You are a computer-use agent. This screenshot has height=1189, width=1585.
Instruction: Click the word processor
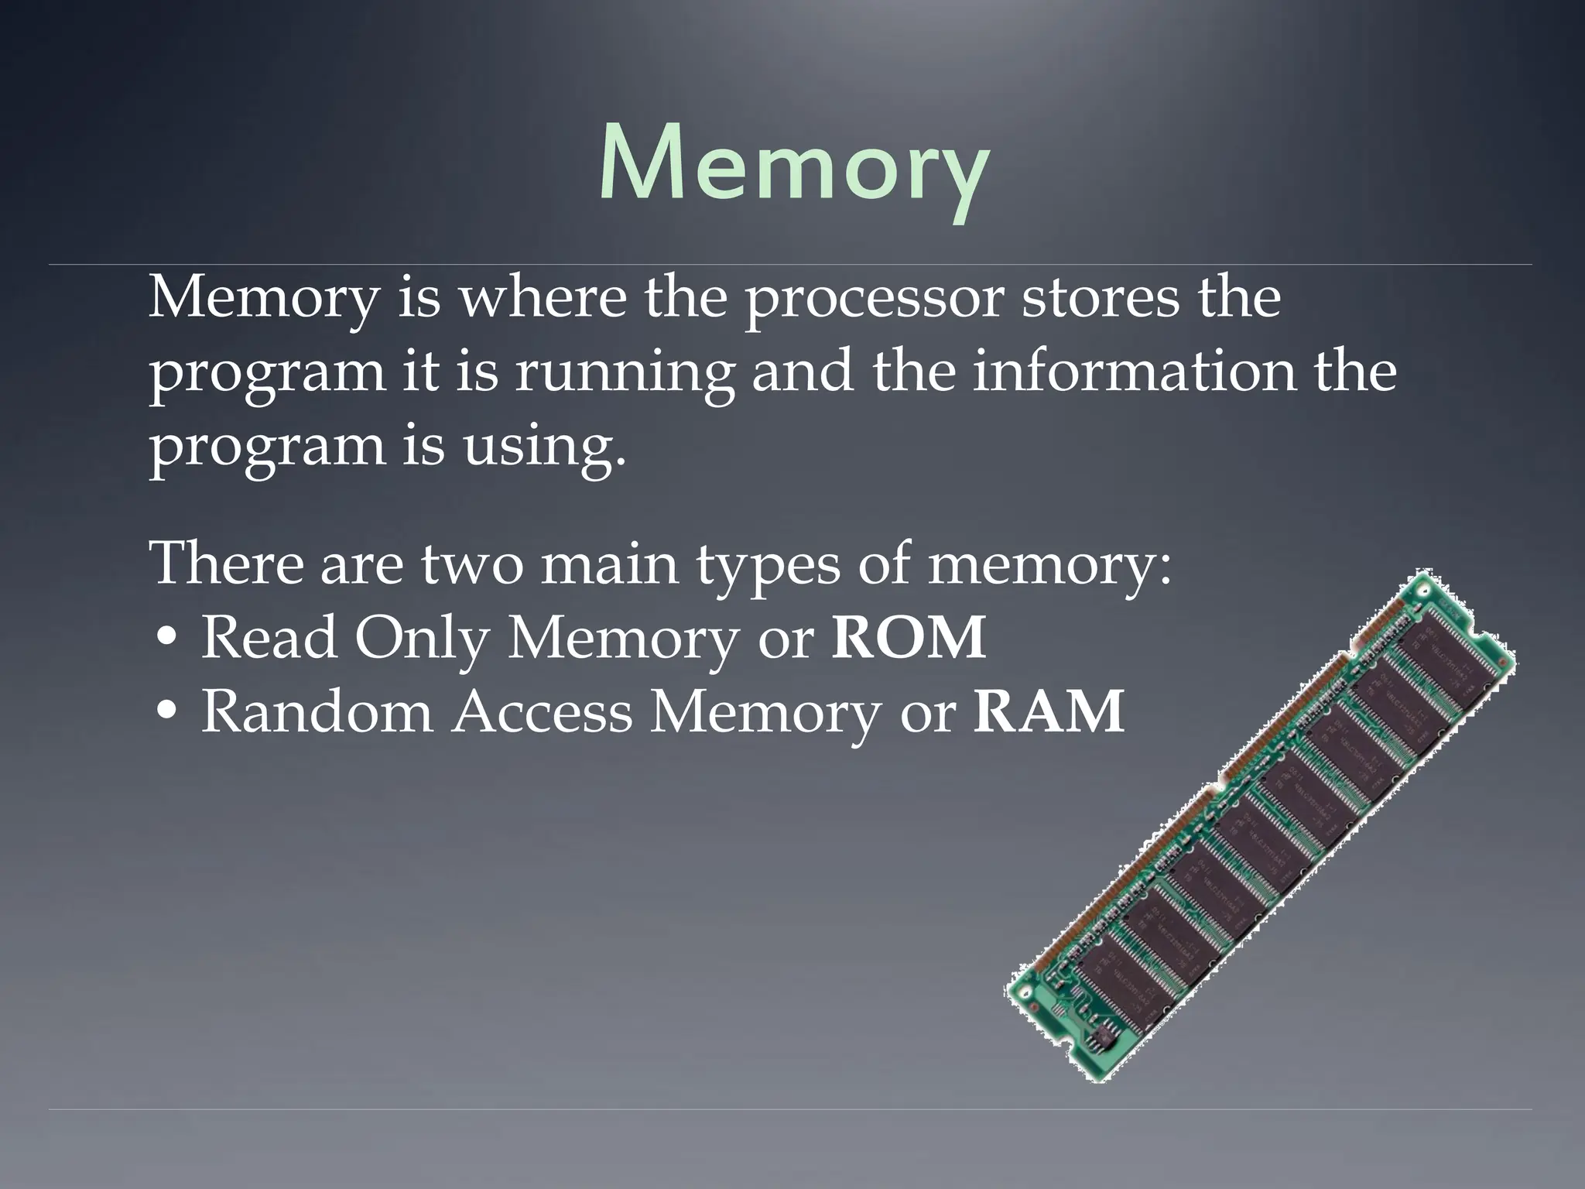coord(874,300)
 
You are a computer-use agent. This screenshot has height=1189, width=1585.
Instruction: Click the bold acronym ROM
coord(909,639)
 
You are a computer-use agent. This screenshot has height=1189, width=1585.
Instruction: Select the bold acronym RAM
coord(1049,712)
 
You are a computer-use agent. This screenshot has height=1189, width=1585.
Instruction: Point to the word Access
coord(543,712)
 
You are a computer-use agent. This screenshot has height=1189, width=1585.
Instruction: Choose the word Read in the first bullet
coord(269,639)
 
